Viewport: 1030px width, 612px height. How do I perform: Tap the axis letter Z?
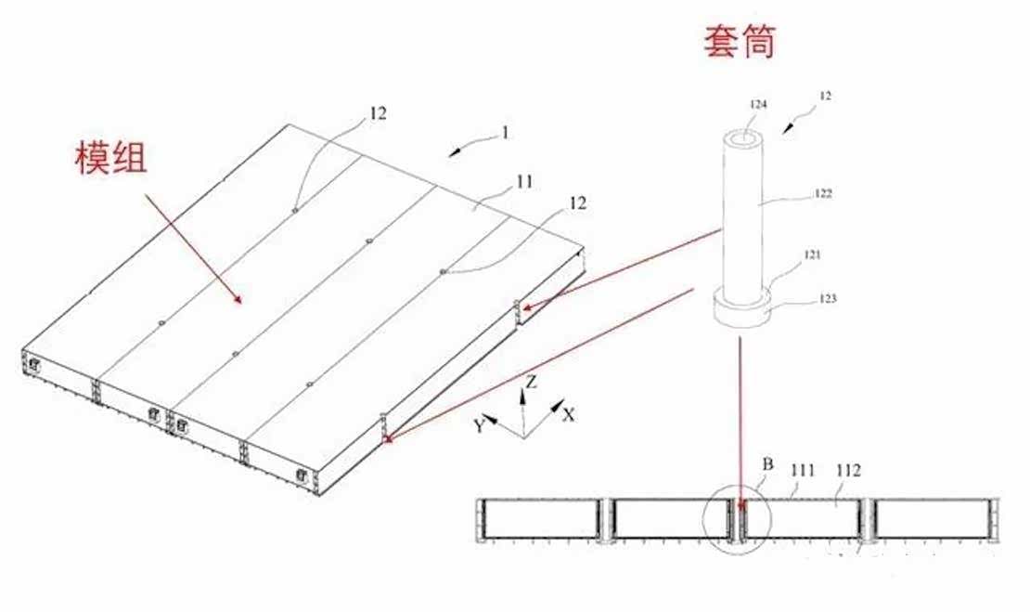click(x=529, y=382)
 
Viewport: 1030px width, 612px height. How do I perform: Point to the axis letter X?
click(x=569, y=414)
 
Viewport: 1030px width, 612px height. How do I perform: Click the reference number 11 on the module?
click(x=525, y=182)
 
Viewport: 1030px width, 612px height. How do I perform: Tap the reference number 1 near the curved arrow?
click(x=505, y=132)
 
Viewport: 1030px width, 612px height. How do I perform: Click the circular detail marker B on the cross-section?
click(x=739, y=517)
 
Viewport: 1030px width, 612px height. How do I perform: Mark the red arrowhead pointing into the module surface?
click(x=239, y=300)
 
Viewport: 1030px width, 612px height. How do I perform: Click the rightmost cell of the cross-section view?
click(x=931, y=519)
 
